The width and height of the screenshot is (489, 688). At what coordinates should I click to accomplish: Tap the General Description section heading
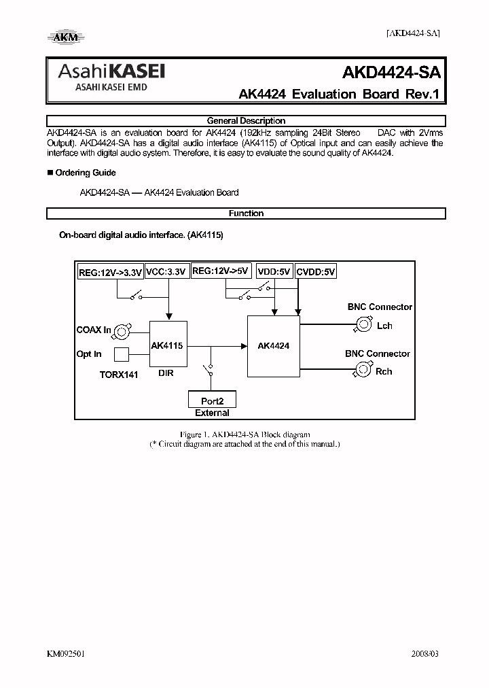[246, 120]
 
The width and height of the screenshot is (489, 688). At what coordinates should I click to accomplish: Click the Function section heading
[246, 213]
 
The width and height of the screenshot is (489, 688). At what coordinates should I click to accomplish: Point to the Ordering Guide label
[85, 173]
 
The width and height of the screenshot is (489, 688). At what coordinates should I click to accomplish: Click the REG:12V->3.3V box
[110, 273]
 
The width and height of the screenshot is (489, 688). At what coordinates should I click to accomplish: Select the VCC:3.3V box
[166, 272]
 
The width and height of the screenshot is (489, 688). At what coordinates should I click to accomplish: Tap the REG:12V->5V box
[221, 271]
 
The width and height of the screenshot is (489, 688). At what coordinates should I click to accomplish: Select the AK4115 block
[168, 345]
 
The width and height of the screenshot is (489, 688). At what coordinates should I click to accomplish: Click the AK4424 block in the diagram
[274, 345]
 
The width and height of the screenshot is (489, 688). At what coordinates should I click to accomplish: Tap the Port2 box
[211, 400]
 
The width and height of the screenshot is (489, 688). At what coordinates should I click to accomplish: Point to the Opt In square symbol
[121, 354]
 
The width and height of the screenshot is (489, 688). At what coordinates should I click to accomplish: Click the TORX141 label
[119, 375]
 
